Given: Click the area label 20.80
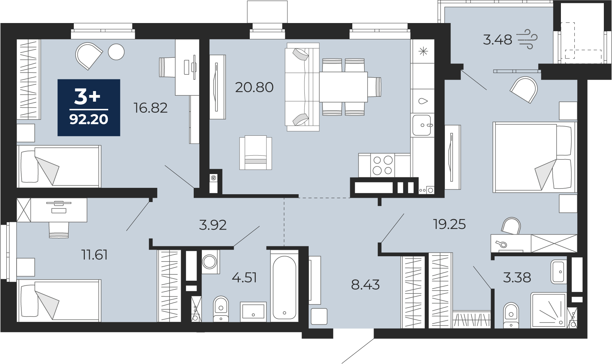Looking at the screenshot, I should (x=254, y=87).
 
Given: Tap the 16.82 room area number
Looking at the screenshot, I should (x=150, y=108).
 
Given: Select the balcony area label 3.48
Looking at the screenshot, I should (x=497, y=40).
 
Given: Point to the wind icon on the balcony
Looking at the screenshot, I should (x=527, y=39).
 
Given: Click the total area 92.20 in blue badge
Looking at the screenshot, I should (x=89, y=119).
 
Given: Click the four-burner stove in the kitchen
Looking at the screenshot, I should (x=382, y=165).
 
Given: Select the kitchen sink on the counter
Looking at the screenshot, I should (x=422, y=125).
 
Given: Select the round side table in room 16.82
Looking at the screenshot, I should (x=116, y=52).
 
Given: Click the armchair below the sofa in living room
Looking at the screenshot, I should (x=255, y=153).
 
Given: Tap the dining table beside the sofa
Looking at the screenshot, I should (x=343, y=87).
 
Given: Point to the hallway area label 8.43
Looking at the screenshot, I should (x=365, y=285).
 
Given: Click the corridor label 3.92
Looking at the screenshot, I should (x=213, y=225).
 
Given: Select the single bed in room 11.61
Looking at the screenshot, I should (x=59, y=301).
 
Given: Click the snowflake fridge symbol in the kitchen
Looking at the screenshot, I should (x=423, y=51).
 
